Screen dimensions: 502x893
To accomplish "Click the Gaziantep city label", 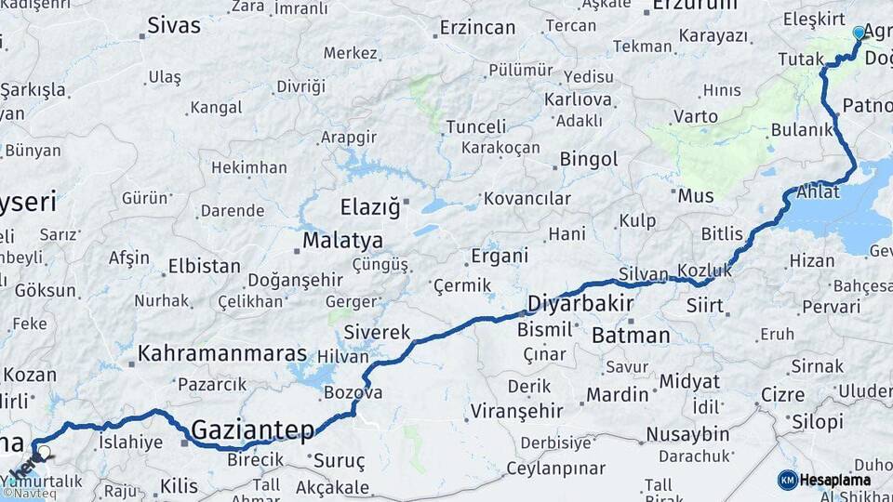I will coord(253,429).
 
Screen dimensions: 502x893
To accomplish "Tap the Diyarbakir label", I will coord(580,303).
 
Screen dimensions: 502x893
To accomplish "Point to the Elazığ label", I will coord(369,205).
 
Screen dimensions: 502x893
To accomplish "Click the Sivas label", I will coord(174,25).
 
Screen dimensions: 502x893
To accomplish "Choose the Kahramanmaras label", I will coord(222,353).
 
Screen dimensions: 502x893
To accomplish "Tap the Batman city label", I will coord(631,336).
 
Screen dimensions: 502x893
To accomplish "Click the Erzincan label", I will coord(477,28).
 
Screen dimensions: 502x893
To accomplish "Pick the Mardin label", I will coord(617,394).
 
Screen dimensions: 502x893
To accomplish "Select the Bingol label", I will coord(588,160).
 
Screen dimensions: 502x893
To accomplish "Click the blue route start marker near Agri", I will coord(859,33).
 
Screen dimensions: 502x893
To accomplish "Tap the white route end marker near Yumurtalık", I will coord(44,453).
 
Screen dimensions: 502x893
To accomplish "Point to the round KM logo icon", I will coord(787,480).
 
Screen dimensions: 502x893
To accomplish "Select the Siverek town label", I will coord(377,332).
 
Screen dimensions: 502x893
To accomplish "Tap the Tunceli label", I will coord(476,126).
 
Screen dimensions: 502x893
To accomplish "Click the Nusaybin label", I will coord(687,434).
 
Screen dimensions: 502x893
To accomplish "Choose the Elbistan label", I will coord(204,266).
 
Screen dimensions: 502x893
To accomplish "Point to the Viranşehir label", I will coord(517,410).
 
